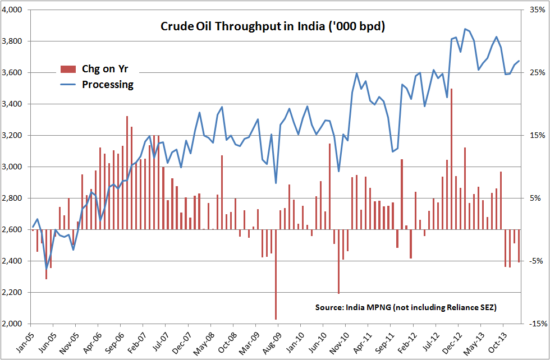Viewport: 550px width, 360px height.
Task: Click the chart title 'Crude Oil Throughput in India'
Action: tap(272, 27)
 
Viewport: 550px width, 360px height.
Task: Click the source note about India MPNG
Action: tap(406, 307)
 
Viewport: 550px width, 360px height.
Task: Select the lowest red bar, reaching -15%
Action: tap(276, 275)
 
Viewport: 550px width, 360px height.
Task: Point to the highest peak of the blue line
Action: tap(465, 29)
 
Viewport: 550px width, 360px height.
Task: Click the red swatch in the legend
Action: tap(68, 70)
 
